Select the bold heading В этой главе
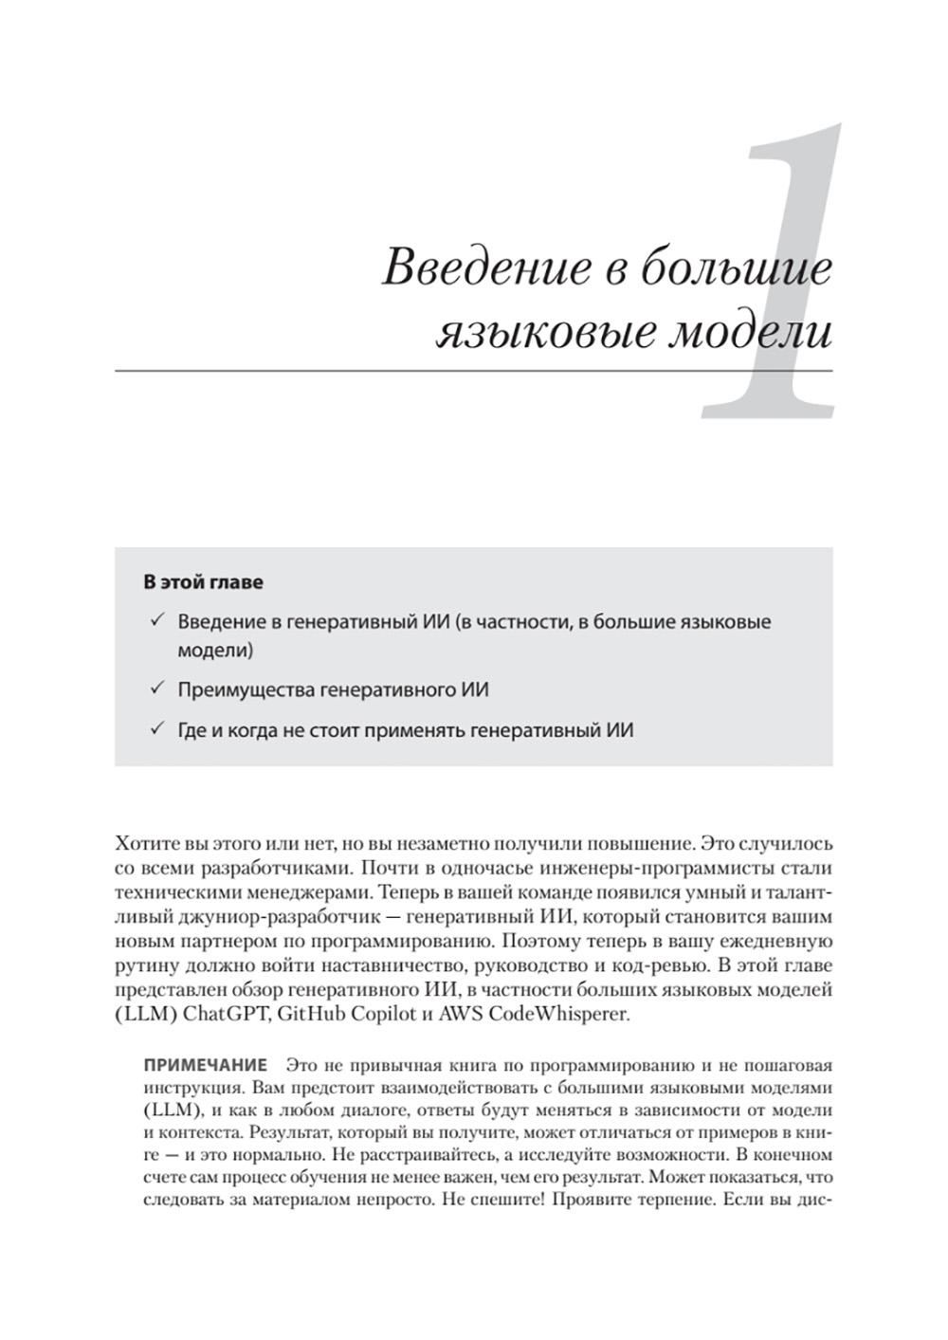[203, 582]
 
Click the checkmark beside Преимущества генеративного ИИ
[156, 689]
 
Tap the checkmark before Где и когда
[156, 730]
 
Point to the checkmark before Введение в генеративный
[156, 622]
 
